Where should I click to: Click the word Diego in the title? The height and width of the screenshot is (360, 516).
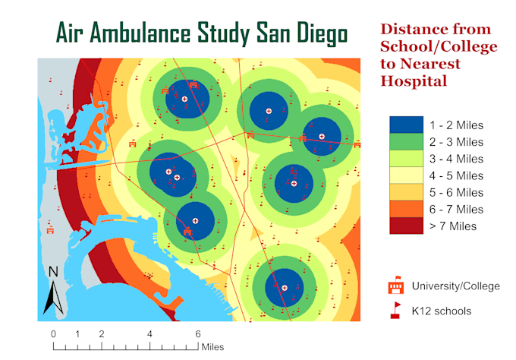click(319, 34)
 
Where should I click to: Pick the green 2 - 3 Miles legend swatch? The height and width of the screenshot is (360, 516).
click(405, 142)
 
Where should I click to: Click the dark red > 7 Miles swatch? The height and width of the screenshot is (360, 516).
click(405, 226)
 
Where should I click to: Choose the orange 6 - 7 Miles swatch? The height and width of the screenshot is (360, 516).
click(405, 209)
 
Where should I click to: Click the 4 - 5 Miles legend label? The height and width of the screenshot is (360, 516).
click(456, 175)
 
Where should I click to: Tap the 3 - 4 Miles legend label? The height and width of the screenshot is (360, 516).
click(456, 159)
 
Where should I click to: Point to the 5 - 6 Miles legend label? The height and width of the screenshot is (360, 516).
click(456, 192)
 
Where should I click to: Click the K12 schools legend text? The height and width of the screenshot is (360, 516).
click(441, 310)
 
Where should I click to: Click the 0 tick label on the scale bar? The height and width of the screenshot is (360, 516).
click(53, 334)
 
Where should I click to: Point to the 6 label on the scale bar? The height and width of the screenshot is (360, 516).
click(198, 334)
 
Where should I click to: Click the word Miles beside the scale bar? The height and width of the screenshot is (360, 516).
click(213, 347)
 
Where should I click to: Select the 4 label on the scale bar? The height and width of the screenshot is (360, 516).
click(149, 334)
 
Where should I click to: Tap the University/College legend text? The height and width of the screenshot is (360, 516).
click(456, 286)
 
